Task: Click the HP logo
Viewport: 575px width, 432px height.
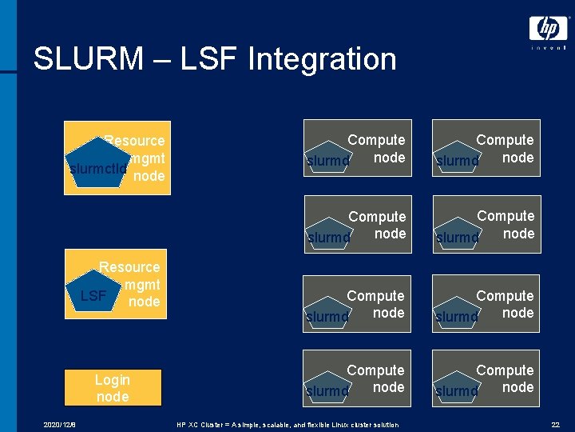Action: [x=548, y=29]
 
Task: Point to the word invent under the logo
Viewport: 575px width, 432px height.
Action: [x=548, y=48]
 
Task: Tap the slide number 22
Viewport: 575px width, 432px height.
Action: [x=555, y=423]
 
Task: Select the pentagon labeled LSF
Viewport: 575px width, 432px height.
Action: [x=94, y=295]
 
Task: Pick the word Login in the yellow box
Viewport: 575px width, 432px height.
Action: [x=113, y=380]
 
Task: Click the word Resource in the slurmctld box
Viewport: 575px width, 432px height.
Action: [x=136, y=141]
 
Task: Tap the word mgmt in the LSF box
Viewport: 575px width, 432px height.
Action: [x=143, y=285]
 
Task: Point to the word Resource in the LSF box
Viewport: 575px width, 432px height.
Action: [x=129, y=267]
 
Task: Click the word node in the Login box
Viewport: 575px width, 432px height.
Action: [x=113, y=397]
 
